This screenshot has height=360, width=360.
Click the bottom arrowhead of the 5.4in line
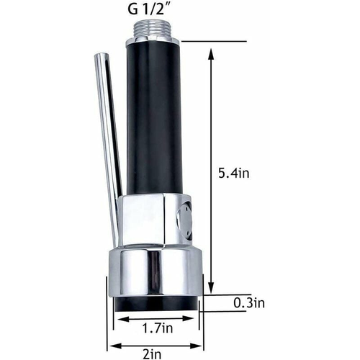pos(211,291)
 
